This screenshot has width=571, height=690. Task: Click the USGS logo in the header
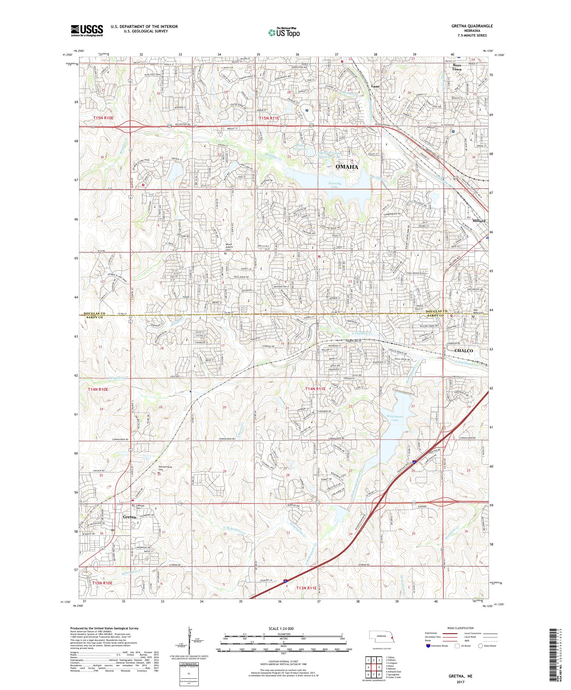(87, 31)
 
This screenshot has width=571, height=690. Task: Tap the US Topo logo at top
(284, 32)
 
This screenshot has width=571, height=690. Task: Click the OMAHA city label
(346, 167)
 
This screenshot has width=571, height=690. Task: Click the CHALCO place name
(463, 351)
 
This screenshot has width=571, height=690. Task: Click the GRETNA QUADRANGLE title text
(472, 26)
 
